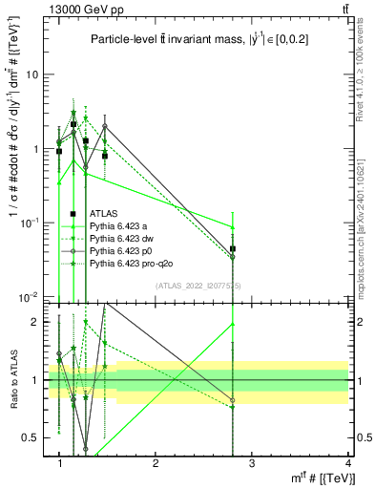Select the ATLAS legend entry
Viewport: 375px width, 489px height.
[x=104, y=214]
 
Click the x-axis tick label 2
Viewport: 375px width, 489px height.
[x=156, y=462]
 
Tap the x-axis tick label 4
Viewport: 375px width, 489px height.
[x=347, y=462]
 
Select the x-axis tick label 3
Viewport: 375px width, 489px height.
[x=251, y=462]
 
